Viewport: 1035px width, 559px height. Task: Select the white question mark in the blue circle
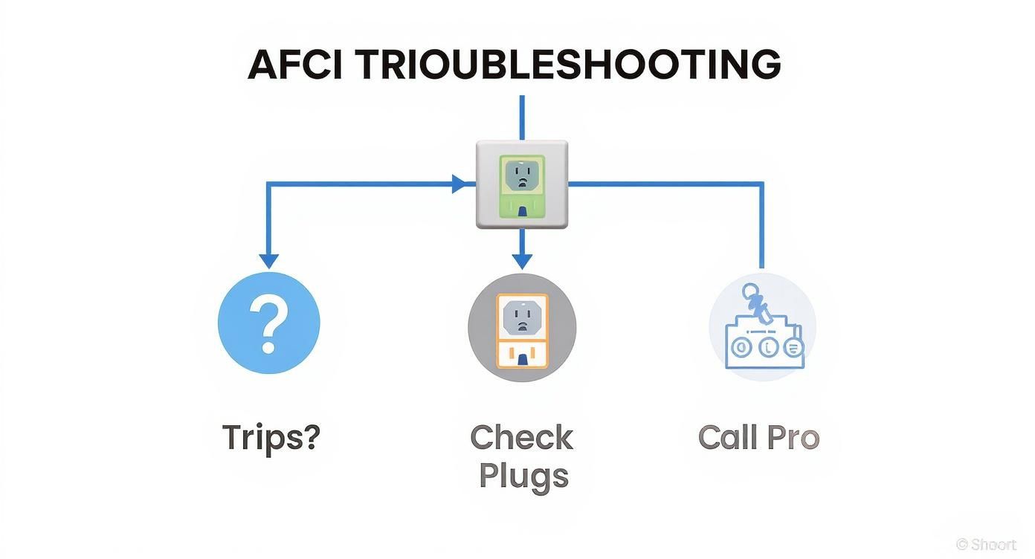268,323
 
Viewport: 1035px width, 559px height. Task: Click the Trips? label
271,438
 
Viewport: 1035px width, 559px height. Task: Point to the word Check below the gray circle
522,438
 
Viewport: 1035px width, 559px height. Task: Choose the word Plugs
523,476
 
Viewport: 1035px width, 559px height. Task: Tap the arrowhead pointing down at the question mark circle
268,260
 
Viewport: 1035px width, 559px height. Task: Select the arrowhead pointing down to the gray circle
522,260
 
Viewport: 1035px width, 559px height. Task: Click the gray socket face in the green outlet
521,175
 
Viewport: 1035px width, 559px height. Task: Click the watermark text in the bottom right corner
987,544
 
